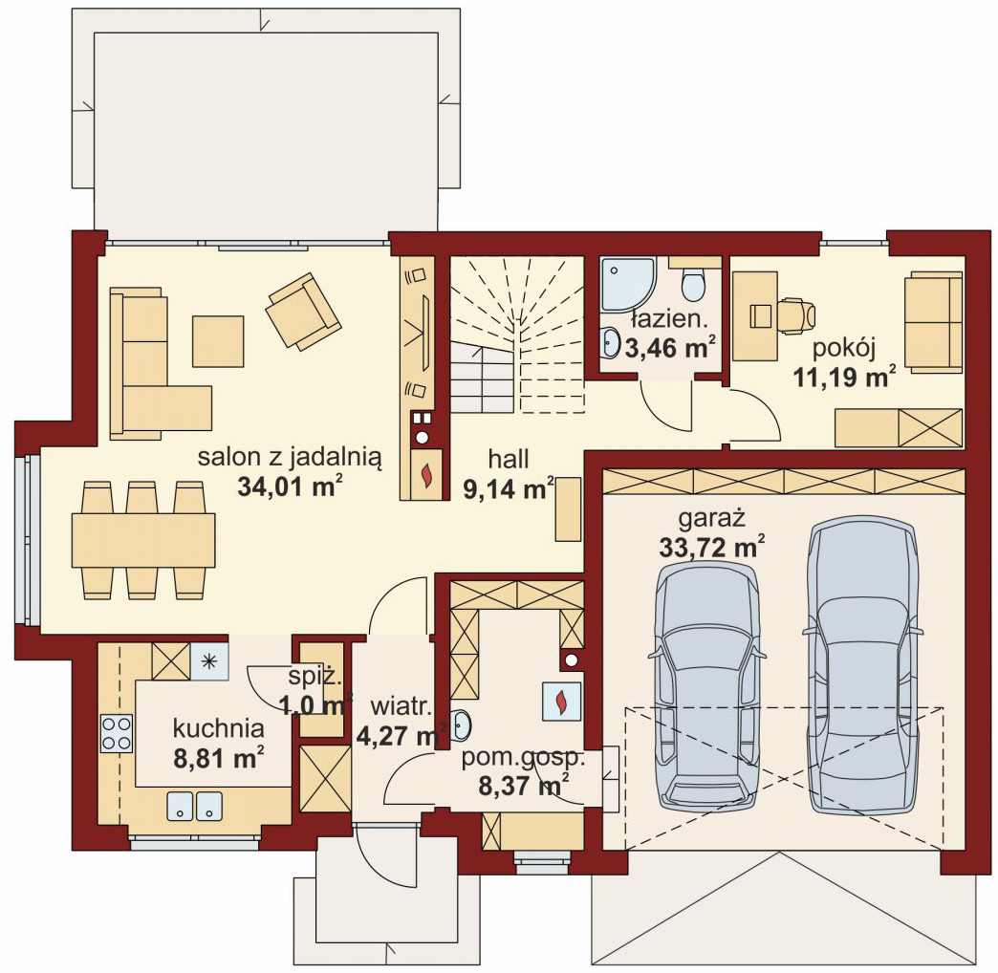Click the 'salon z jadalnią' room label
[x=290, y=458]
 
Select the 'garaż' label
[x=711, y=519]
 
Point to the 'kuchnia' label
[x=218, y=728]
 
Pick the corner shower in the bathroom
[x=628, y=284]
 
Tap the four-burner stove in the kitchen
[x=117, y=733]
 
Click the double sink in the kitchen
[x=195, y=806]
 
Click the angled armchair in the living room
[x=303, y=312]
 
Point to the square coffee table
[x=218, y=341]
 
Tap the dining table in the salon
[x=143, y=540]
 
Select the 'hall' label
[x=509, y=459]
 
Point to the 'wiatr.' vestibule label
[x=401, y=706]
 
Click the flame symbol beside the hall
[x=426, y=473]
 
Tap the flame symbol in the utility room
[x=561, y=702]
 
